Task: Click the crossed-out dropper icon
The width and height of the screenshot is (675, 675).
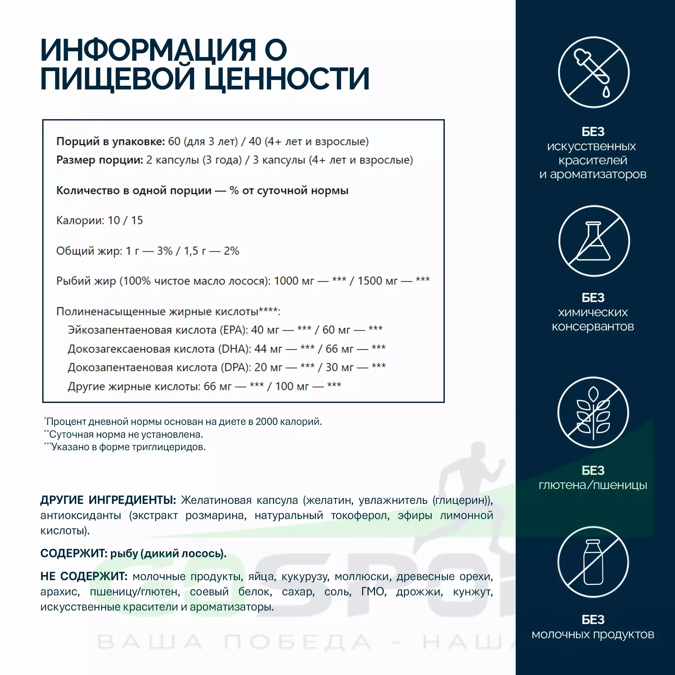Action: [x=594, y=72]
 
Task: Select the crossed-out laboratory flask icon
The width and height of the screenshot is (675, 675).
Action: [x=594, y=241]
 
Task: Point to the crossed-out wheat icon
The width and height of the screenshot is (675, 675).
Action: [x=593, y=412]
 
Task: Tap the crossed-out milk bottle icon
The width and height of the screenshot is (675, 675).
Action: [x=593, y=562]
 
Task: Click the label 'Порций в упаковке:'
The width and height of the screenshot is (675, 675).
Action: [x=110, y=141]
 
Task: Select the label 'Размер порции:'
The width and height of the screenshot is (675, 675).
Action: [x=100, y=160]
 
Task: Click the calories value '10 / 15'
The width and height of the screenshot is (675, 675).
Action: [x=125, y=220]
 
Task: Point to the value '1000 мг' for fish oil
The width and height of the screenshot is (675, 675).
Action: [x=294, y=281]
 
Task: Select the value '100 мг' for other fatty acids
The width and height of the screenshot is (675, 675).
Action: [x=292, y=386]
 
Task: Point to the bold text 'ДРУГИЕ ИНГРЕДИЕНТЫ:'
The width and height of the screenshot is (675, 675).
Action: [x=108, y=500]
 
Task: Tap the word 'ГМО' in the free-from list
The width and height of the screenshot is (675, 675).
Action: [x=374, y=592]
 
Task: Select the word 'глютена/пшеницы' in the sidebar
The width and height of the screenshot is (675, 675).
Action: [x=593, y=485]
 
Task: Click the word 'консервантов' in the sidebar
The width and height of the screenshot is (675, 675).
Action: [x=593, y=326]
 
